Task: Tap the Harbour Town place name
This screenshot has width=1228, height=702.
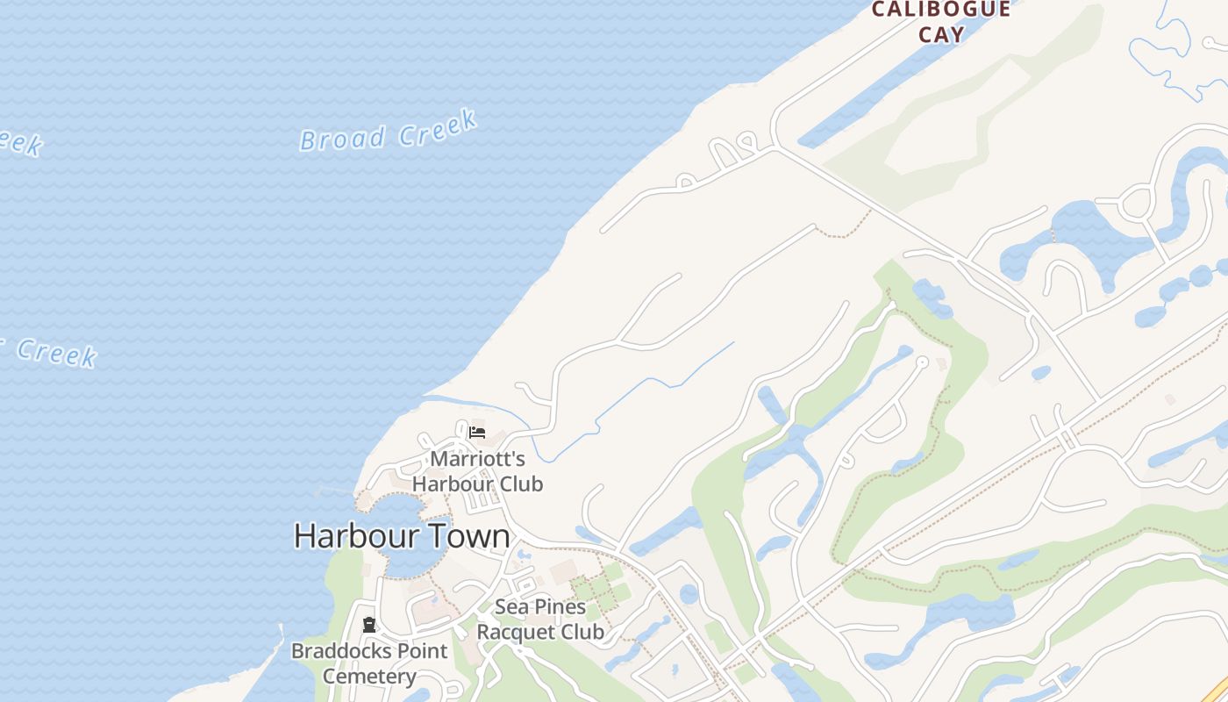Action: point(401,536)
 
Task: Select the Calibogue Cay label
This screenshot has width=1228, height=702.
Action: point(940,22)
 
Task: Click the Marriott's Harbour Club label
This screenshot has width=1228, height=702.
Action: point(478,471)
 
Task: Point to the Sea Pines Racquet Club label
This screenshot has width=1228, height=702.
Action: point(540,619)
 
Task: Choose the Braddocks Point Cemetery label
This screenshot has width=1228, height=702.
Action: point(369,663)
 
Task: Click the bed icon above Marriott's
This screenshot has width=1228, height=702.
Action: point(477,433)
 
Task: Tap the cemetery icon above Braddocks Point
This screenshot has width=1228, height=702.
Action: point(369,626)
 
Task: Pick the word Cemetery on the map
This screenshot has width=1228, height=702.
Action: point(369,677)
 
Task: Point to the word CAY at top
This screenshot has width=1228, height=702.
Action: point(941,35)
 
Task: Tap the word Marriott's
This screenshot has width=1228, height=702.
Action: point(478,459)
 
